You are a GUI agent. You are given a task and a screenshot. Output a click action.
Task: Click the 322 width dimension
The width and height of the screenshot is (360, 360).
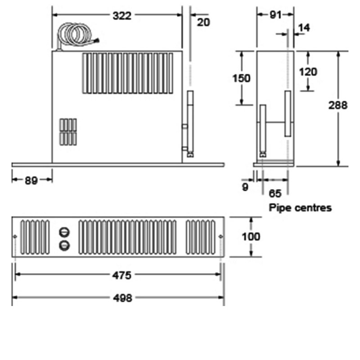pos(121,16)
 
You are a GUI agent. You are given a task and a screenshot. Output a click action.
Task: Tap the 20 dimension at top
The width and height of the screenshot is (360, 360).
pos(203,22)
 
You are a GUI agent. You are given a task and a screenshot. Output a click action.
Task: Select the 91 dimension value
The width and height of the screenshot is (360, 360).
pos(275,15)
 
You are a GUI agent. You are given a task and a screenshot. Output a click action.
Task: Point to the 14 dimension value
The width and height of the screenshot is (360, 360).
pos(304,28)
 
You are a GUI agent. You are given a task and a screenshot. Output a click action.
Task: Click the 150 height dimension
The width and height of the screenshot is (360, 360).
pos(241,78)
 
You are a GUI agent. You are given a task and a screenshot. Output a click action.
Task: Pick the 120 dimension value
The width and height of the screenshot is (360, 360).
pos(308,72)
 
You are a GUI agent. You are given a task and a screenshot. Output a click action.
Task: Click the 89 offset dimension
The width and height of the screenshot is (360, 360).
pos(31,181)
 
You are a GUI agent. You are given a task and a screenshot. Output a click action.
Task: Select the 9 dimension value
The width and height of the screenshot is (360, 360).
pos(245,187)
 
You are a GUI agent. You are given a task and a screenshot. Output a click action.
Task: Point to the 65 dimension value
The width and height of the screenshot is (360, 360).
pos(274,193)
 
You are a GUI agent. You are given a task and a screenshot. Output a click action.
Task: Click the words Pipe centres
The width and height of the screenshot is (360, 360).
pos(300,208)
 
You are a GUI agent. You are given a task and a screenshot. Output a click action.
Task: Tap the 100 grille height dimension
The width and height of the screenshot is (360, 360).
pos(251,236)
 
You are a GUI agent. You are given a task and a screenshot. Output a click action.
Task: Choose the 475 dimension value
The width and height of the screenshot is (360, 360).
pos(122,275)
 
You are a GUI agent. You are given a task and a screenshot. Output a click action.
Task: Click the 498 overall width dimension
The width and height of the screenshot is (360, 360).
pos(122,298)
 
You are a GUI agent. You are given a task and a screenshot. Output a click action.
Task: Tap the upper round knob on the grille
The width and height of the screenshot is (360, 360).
pos(65,232)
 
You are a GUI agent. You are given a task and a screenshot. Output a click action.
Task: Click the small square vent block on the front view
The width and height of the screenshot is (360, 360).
pos(68,131)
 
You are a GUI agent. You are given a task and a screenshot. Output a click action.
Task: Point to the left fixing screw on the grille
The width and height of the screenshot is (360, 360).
pos(15,237)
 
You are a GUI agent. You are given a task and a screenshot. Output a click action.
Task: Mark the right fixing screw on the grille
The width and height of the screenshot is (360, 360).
pos(220,237)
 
